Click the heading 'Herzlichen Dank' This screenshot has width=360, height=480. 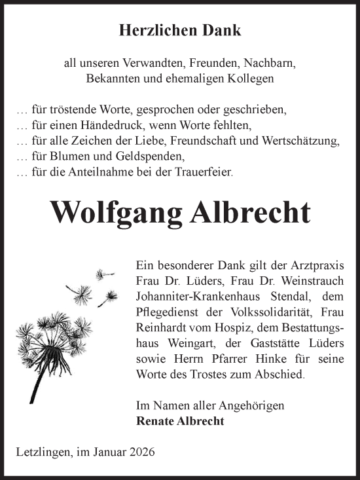pos(180,30)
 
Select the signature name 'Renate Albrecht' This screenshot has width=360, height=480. pos(180,422)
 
